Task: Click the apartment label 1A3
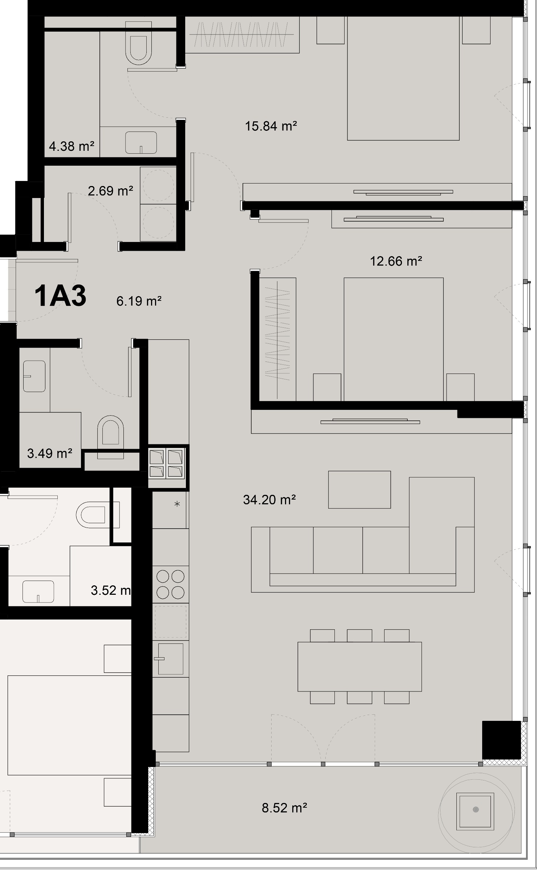tap(60, 296)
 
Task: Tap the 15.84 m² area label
tap(271, 126)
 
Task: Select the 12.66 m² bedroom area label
tap(396, 261)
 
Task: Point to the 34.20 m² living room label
tap(269, 500)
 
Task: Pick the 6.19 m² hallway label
tap(139, 301)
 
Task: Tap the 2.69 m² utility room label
tap(110, 191)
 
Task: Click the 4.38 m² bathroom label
tap(72, 146)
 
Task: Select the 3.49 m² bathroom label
tap(49, 453)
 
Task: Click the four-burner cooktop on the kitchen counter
tap(170, 584)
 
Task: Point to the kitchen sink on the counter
tap(171, 659)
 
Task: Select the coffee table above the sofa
tap(359, 490)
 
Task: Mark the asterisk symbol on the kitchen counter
tap(177, 504)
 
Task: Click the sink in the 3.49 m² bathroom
tap(34, 376)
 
